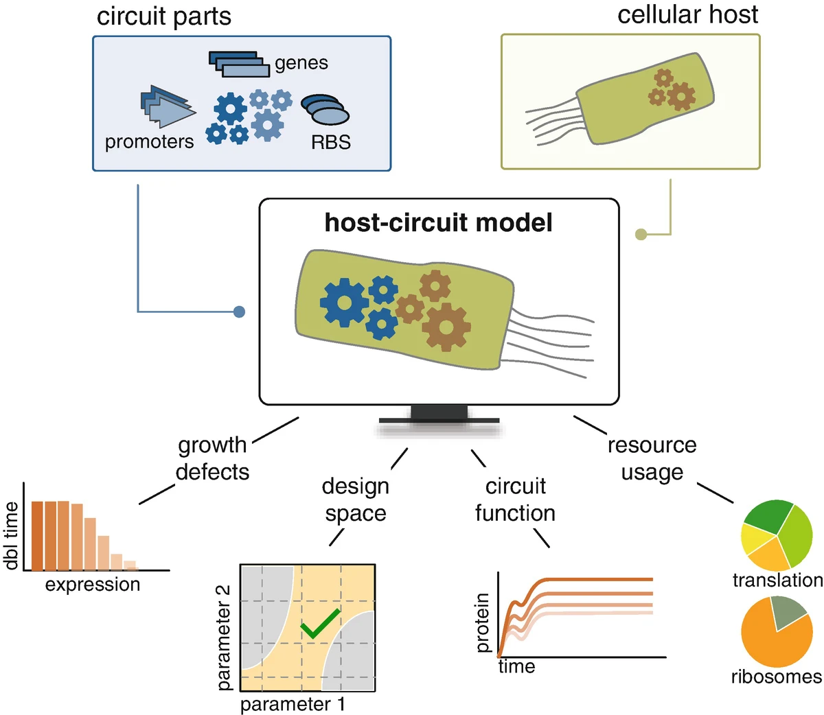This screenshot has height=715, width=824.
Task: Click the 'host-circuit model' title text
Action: point(438,222)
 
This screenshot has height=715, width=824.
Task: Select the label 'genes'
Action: point(301,63)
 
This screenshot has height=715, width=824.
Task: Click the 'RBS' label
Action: point(331,142)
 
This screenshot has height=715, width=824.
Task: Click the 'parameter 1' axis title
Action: point(293,704)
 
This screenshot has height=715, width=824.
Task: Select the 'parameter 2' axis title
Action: point(224,638)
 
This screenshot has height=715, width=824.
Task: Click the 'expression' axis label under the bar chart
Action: point(93,585)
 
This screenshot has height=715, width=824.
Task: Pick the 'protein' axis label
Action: point(482,622)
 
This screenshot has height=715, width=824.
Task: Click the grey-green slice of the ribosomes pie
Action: point(788,613)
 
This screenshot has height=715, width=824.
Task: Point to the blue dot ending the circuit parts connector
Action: point(239,312)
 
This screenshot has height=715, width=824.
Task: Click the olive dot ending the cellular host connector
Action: point(641,234)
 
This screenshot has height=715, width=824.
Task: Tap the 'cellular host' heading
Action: point(688,14)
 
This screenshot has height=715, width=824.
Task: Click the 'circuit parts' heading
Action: point(164,17)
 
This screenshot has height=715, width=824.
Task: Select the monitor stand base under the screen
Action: point(439,421)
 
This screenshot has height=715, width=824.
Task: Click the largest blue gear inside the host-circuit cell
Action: point(344,302)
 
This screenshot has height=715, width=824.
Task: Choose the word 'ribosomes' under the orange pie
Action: point(777,677)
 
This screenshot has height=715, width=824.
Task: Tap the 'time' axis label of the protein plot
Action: point(516,667)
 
